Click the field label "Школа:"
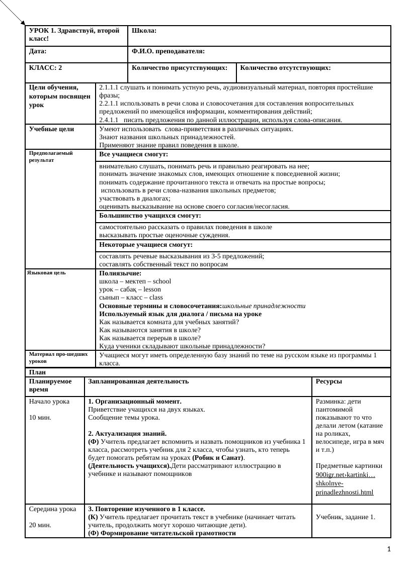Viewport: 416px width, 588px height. [144, 31]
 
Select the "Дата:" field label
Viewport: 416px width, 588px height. [38, 51]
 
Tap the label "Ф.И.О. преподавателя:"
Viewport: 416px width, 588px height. [168, 51]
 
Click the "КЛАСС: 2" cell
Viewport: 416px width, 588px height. [46, 67]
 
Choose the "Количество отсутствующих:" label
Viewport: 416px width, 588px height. [285, 67]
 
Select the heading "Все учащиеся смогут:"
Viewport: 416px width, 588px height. [133, 154]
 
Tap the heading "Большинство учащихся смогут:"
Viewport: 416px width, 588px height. [150, 216]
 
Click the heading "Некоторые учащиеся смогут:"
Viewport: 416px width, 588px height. [146, 245]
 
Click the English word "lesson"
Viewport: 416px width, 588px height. [152, 289]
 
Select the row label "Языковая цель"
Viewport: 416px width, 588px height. [46, 273]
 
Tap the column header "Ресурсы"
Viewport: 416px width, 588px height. [329, 381]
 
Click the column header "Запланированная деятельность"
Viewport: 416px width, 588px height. [138, 381]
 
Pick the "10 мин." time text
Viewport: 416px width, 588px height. [40, 418]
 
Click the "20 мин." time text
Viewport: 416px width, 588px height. [40, 525]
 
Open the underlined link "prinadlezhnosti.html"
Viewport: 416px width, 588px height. [345, 492]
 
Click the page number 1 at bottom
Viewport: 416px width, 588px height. [389, 549]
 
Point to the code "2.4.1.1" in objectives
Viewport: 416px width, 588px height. [109, 120]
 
